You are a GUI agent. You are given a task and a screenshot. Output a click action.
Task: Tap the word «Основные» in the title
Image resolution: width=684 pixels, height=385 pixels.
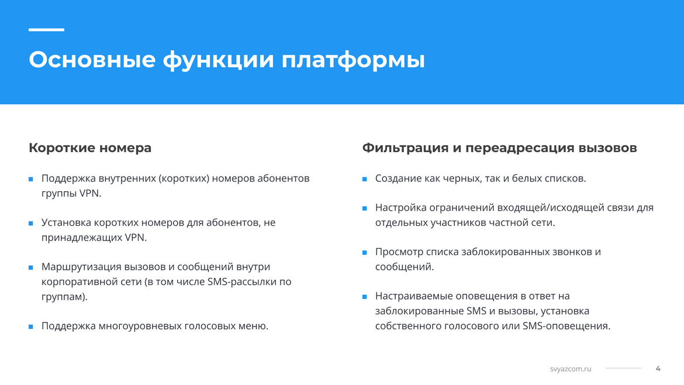(x=92, y=59)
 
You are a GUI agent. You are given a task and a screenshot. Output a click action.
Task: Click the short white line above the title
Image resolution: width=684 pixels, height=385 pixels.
(x=46, y=30)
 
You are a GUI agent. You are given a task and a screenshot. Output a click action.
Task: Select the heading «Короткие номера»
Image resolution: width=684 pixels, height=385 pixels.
(x=90, y=148)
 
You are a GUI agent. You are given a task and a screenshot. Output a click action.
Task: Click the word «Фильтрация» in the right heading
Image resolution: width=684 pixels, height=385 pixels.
(x=405, y=148)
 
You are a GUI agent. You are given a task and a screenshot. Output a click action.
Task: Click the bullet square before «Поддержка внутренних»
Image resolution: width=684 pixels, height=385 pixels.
(x=31, y=179)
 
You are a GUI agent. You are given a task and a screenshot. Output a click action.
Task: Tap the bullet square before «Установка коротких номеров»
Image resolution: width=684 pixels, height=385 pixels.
(x=31, y=223)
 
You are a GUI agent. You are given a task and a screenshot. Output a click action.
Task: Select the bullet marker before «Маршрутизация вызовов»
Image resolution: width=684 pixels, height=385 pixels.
(x=31, y=267)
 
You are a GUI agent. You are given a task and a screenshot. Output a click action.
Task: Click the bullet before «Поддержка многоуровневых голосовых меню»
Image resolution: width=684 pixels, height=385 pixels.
(x=31, y=326)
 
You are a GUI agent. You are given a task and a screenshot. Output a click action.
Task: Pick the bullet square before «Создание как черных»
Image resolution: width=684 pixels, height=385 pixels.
(x=365, y=179)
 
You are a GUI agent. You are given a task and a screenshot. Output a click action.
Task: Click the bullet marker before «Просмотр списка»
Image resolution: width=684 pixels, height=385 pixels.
(x=365, y=252)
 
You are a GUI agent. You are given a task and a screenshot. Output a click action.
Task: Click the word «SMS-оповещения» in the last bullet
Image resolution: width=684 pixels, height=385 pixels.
(x=566, y=326)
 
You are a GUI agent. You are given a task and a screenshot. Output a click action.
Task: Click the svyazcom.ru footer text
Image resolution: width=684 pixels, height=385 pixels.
(x=571, y=369)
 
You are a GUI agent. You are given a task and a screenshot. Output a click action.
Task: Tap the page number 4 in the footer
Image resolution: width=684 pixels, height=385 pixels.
(x=658, y=369)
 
